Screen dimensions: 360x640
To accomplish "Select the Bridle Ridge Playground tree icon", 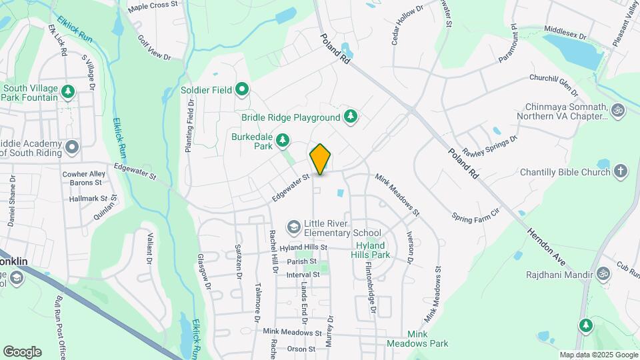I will [x=350, y=117].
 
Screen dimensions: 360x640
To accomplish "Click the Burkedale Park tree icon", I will [x=283, y=140].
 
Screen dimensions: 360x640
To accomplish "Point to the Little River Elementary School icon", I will [x=293, y=228].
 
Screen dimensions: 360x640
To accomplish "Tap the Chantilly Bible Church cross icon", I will [x=621, y=172].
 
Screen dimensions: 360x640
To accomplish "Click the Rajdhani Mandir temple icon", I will [x=603, y=273].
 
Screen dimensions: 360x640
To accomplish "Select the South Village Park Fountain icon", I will [x=67, y=90].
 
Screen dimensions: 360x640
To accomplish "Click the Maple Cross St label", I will [x=153, y=6].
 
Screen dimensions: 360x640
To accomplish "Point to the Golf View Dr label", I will [x=154, y=49].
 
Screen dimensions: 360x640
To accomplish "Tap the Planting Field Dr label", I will [x=190, y=117].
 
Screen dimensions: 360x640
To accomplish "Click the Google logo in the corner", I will [x=22, y=352].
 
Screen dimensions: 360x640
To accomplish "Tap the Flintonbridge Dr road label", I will [x=371, y=286].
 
